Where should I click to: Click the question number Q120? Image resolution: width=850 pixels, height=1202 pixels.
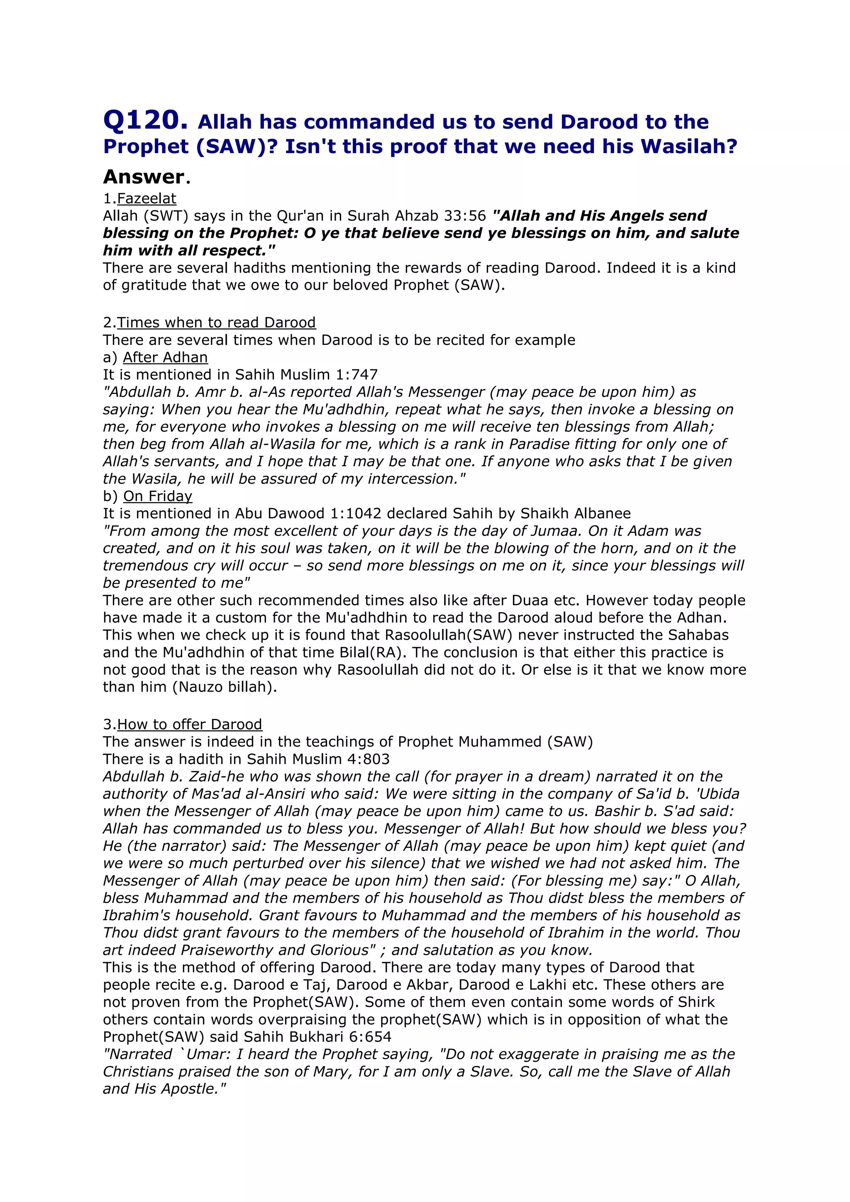pyautogui.click(x=144, y=121)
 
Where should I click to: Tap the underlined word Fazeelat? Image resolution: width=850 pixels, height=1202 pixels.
pyautogui.click(x=147, y=198)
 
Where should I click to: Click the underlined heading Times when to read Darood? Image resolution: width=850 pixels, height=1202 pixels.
pyautogui.click(x=216, y=322)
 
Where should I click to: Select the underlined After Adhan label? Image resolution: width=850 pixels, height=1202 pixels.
pyautogui.click(x=166, y=357)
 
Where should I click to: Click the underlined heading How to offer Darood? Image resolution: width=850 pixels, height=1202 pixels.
pyautogui.click(x=190, y=725)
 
